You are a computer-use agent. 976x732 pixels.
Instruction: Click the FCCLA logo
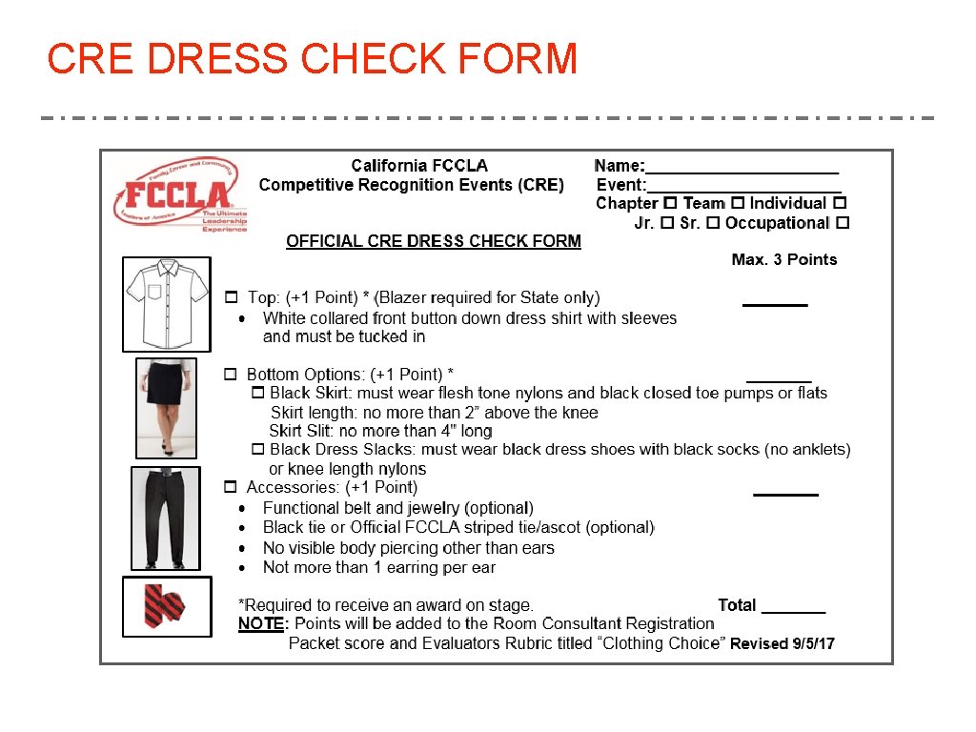[x=180, y=196]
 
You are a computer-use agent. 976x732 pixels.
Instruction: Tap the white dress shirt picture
[x=167, y=303]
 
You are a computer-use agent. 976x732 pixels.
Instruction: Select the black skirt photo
[x=166, y=408]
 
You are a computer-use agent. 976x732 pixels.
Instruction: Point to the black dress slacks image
[x=165, y=518]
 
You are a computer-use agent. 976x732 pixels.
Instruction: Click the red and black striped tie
[x=166, y=606]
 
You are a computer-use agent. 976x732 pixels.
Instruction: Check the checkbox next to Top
[x=231, y=298]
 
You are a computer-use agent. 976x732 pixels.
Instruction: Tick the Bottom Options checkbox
[x=230, y=375]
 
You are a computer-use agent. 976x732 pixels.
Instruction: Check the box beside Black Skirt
[x=257, y=393]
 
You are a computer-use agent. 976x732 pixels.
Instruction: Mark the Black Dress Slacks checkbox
[x=257, y=449]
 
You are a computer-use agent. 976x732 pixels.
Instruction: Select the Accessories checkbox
[x=230, y=487]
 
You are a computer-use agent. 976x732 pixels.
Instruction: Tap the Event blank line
[x=743, y=188]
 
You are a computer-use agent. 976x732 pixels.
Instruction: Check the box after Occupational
[x=842, y=223]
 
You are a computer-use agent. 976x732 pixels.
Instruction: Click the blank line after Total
[x=793, y=609]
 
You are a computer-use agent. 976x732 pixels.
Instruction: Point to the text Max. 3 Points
[x=783, y=259]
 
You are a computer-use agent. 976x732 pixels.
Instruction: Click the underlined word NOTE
[x=260, y=623]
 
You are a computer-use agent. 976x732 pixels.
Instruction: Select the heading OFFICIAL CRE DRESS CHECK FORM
[x=434, y=241]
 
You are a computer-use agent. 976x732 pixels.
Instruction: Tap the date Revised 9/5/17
[x=783, y=643]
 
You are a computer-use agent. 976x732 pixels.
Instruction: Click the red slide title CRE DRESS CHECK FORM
[x=313, y=59]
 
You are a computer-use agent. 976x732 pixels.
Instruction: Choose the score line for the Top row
[x=775, y=302]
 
